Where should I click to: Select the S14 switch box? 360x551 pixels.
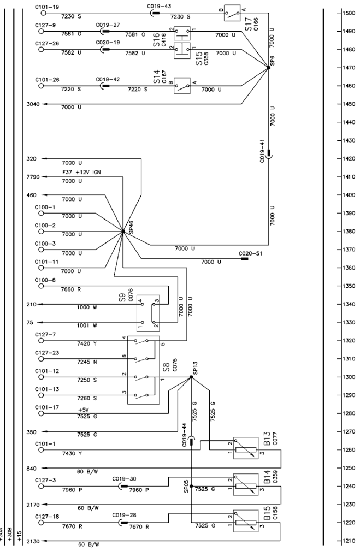[x=182, y=85]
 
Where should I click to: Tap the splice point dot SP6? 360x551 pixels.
[x=268, y=67]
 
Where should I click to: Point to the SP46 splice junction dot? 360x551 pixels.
[x=123, y=232]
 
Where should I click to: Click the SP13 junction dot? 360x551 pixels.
[x=191, y=377]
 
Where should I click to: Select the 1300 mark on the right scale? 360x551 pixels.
[x=347, y=377]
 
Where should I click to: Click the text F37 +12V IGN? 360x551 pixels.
[x=81, y=173]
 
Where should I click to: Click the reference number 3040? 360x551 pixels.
[x=33, y=103]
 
